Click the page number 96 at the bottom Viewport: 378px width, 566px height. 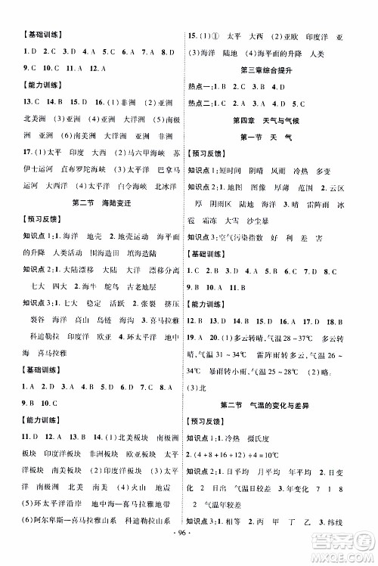point(188,552)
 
